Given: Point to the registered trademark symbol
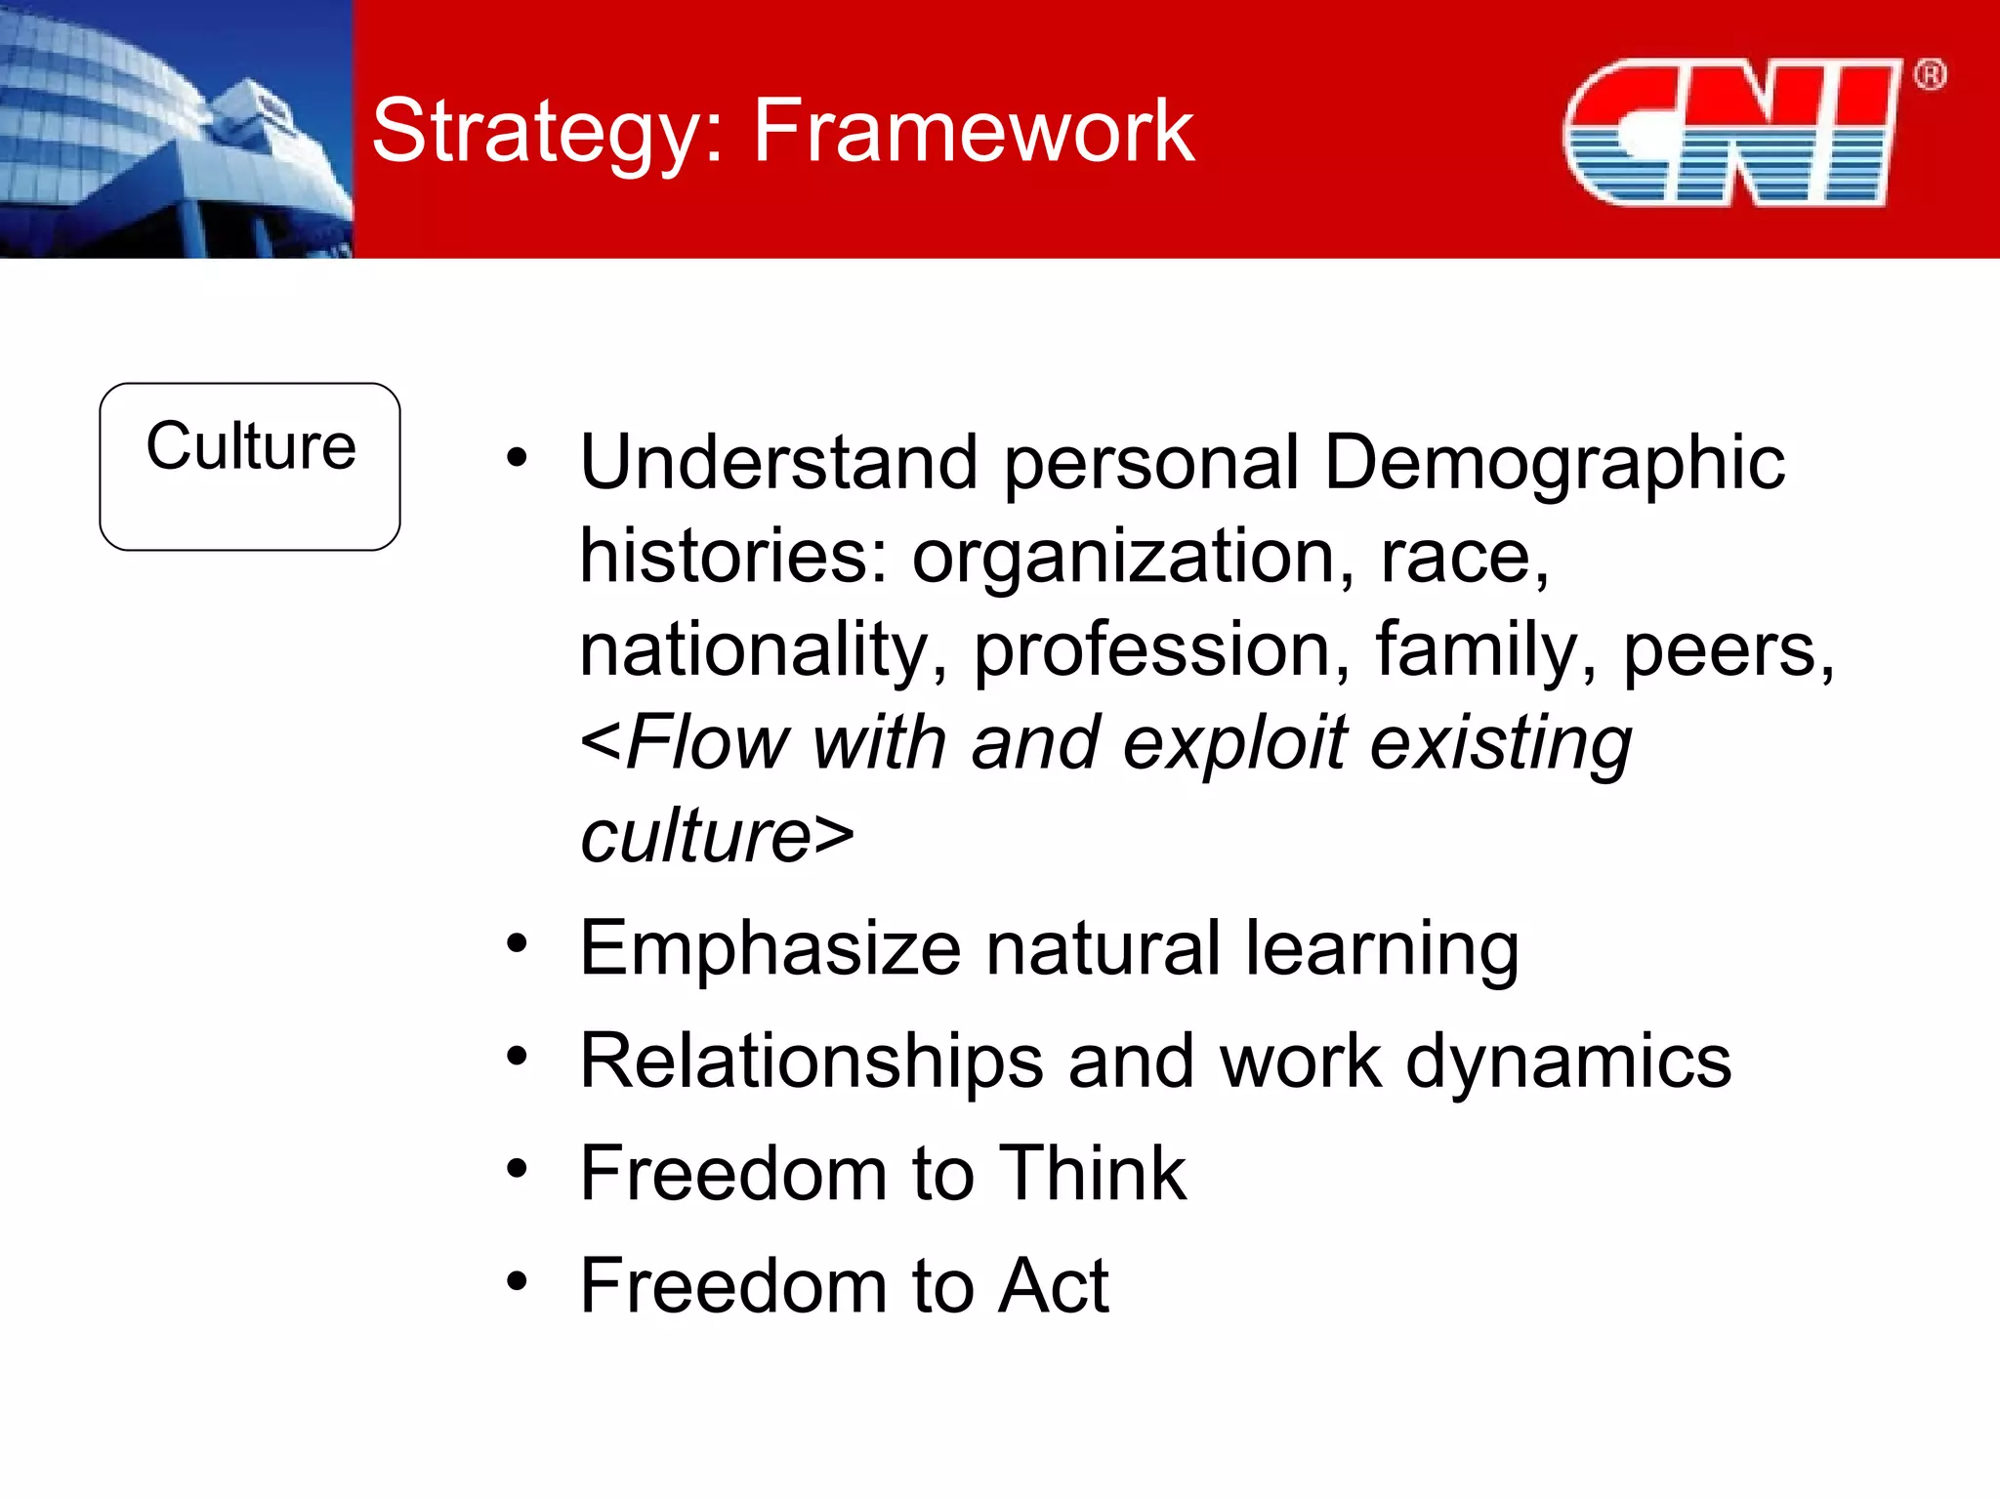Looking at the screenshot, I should (1930, 75).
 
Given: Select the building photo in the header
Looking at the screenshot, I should (176, 129).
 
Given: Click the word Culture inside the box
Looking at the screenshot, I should (251, 446).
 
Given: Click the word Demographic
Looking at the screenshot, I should (1554, 462).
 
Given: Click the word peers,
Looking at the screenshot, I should (1729, 649).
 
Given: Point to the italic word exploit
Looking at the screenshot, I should (1234, 743).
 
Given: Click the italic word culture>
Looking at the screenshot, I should (717, 837).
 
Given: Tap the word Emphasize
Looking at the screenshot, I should (771, 948).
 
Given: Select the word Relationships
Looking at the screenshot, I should (812, 1061).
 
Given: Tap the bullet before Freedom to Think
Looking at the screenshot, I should (517, 1168).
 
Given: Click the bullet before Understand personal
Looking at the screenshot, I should (517, 457).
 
